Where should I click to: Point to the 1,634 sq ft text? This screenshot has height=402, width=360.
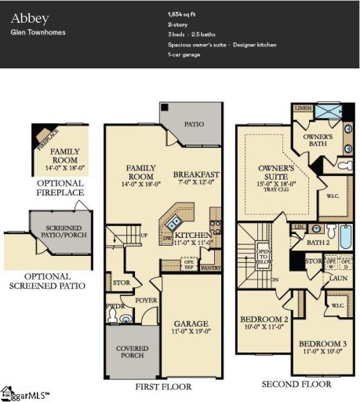pyautogui.click(x=183, y=14)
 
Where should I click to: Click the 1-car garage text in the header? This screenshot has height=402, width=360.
pyautogui.click(x=184, y=54)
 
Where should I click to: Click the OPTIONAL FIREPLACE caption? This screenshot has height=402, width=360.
pyautogui.click(x=60, y=192)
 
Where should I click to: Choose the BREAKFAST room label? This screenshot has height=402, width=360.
pyautogui.click(x=196, y=174)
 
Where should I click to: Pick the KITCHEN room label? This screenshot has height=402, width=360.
pyautogui.click(x=191, y=236)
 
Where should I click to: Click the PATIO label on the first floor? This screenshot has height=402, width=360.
pyautogui.click(x=194, y=124)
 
